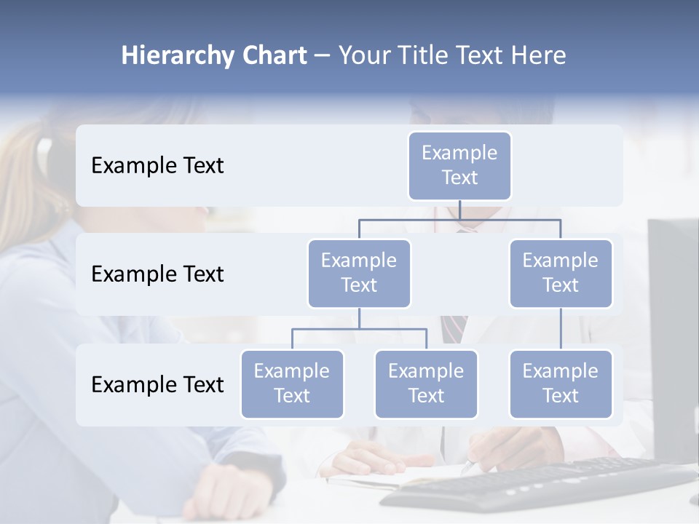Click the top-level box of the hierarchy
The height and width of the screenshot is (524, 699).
point(459,165)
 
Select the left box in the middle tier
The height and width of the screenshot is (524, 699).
point(359,273)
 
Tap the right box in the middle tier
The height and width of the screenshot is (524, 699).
point(561,273)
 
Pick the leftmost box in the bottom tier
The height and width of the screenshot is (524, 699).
point(292,384)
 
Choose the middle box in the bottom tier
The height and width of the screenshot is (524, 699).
point(426,384)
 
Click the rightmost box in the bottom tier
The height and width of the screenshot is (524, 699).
point(561,384)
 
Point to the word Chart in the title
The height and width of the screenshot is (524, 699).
point(271,56)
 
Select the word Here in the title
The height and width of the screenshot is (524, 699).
point(540,56)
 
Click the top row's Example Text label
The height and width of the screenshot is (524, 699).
point(157,165)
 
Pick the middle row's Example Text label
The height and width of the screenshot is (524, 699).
point(157,274)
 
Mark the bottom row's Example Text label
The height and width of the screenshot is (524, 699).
point(157,384)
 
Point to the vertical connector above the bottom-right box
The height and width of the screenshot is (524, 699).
point(561,329)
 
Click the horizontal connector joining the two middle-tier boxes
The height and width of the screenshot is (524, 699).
point(459,219)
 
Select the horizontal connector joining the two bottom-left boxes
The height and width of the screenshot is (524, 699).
point(359,329)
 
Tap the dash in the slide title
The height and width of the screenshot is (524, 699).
point(322,56)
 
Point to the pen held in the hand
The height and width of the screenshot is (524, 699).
point(468,467)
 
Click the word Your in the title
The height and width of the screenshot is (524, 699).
point(364,56)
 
